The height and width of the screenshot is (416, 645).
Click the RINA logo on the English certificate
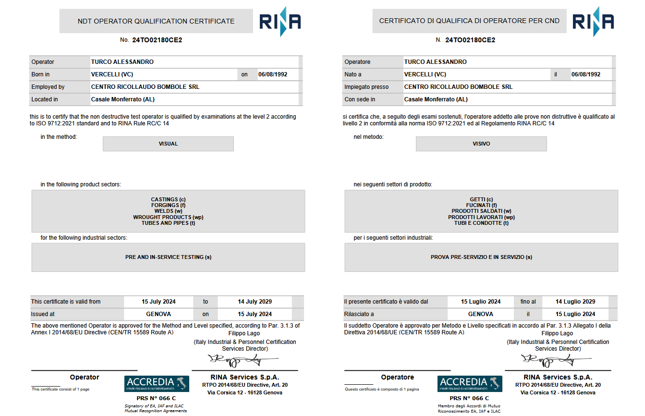click(x=280, y=22)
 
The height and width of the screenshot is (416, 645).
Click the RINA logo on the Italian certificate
click(x=593, y=22)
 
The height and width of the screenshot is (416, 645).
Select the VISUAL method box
click(x=168, y=144)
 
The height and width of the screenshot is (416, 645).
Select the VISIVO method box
click(x=481, y=144)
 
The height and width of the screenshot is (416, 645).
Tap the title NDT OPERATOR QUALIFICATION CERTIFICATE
click(x=156, y=21)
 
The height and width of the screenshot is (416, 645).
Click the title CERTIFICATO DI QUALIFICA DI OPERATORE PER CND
click(x=469, y=21)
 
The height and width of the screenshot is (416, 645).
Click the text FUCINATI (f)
click(x=481, y=205)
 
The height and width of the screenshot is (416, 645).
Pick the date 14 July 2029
click(x=255, y=302)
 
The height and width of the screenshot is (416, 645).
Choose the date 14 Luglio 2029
click(x=575, y=302)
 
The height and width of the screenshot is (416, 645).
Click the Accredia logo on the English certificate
click(x=157, y=383)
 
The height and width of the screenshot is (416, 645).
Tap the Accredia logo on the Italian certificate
click(x=470, y=383)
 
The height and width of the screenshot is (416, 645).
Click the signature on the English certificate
click(x=243, y=359)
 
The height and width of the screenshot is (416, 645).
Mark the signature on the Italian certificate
click(x=556, y=359)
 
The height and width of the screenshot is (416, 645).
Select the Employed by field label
click(x=48, y=87)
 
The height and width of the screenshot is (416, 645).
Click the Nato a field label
click(x=353, y=74)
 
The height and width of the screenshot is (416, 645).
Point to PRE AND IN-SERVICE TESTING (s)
click(x=168, y=257)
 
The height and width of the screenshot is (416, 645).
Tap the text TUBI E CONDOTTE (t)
click(x=481, y=223)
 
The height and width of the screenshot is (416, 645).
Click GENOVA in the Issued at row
click(x=158, y=314)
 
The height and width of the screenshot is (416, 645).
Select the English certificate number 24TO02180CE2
click(x=157, y=40)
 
